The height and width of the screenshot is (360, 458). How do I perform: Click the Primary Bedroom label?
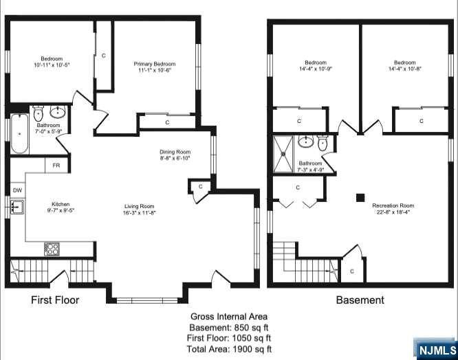click(155, 64)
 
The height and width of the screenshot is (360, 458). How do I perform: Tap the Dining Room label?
click(175, 152)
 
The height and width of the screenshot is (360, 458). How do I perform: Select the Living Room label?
click(140, 207)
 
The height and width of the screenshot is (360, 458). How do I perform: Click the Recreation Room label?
click(393, 205)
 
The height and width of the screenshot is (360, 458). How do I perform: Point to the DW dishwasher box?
click(17, 190)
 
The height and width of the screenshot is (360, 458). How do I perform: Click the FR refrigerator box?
click(56, 166)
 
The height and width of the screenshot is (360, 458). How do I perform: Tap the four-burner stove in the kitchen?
click(52, 249)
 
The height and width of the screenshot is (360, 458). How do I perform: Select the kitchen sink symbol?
click(17, 207)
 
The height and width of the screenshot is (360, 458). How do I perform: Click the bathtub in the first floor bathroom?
click(19, 133)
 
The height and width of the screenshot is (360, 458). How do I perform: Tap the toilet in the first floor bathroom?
click(39, 114)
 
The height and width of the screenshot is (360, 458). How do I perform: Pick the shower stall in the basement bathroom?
click(283, 155)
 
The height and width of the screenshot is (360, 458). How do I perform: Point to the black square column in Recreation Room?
click(360, 197)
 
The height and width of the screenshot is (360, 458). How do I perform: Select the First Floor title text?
click(55, 300)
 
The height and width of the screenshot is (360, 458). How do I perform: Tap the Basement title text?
click(360, 300)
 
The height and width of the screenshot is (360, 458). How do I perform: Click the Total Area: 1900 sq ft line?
click(229, 349)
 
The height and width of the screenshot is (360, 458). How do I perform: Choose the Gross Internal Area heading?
click(229, 317)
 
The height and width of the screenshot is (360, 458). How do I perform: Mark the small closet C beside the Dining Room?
click(200, 187)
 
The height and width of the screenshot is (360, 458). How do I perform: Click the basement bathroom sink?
click(305, 142)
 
